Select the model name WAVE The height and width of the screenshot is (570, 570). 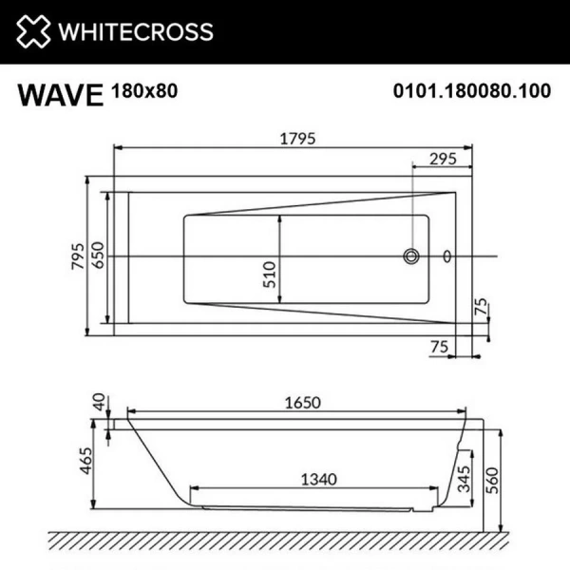click(59, 96)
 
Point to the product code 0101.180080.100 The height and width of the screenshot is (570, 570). click(472, 93)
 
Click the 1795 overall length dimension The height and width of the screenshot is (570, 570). click(297, 137)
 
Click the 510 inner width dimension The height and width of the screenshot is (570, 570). click(269, 274)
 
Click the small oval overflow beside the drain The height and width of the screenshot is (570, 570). click(448, 256)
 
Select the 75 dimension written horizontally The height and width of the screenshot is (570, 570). click(438, 348)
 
